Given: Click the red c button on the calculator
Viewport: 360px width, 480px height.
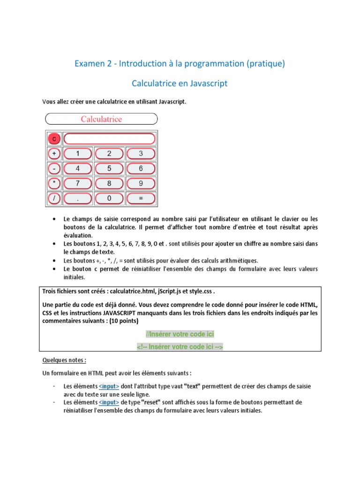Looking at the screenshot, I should pos(54,139).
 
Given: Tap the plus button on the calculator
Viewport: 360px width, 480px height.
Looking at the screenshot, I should pos(54,154).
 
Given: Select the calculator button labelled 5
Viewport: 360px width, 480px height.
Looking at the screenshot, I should pos(109,168).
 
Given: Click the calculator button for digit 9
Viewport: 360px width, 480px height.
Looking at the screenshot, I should pos(141,183).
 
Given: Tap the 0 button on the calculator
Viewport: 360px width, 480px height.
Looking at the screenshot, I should pos(109,198).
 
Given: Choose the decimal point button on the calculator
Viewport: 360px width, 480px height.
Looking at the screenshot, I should pos(77,198).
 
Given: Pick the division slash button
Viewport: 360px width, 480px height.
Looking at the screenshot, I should pos(54,198).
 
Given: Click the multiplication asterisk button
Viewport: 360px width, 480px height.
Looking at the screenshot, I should pos(54,183).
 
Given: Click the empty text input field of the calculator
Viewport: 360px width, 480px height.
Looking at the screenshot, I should pos(109,139).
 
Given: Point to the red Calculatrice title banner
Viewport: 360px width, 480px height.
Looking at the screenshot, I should pos(101,119).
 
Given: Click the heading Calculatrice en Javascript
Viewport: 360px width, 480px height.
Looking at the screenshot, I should pos(180,83).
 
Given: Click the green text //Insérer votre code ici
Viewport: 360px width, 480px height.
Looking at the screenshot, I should pos(180,334).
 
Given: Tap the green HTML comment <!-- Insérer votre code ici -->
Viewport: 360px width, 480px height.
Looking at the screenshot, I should pos(180,347).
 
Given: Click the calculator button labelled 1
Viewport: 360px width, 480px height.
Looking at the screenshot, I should pos(77,154).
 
